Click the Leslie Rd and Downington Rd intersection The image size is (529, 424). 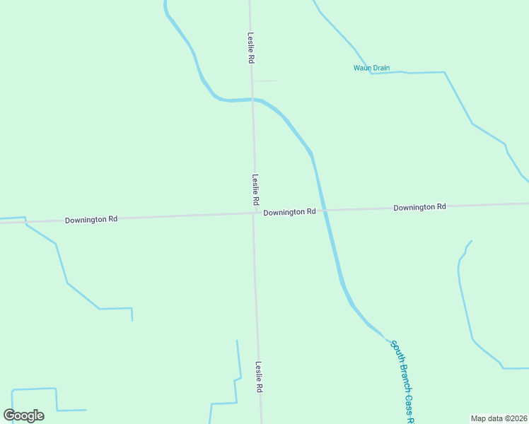[x=255, y=213]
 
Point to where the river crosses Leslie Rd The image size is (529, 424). [x=252, y=100]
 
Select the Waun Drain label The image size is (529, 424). [x=371, y=68]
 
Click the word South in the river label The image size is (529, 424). [x=397, y=351]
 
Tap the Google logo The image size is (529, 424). [x=24, y=416]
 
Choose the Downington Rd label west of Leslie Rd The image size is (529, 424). [x=91, y=220]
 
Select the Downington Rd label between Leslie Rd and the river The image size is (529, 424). [x=289, y=212]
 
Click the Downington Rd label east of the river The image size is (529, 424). [x=420, y=207]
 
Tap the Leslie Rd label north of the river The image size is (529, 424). [x=250, y=48]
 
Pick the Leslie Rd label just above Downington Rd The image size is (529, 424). [x=255, y=190]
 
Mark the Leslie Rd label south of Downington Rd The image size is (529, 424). [x=259, y=377]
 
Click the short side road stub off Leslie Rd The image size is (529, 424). [x=264, y=81]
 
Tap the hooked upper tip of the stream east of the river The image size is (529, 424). [x=471, y=241]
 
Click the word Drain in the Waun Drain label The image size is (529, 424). [x=380, y=68]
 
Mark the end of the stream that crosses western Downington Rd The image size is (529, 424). [x=132, y=320]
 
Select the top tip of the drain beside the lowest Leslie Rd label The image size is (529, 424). [x=237, y=341]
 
